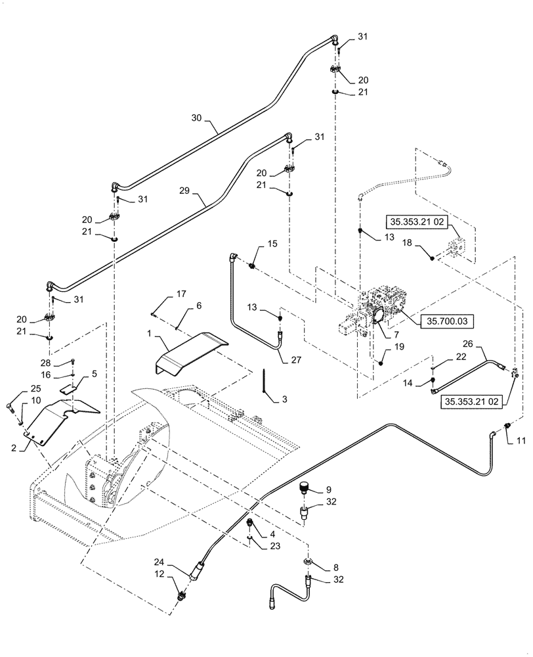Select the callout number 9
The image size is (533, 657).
(329, 489)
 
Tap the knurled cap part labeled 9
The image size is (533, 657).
(304, 488)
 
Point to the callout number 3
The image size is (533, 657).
(284, 399)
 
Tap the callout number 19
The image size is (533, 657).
(399, 346)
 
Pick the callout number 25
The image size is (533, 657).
(17, 388)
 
